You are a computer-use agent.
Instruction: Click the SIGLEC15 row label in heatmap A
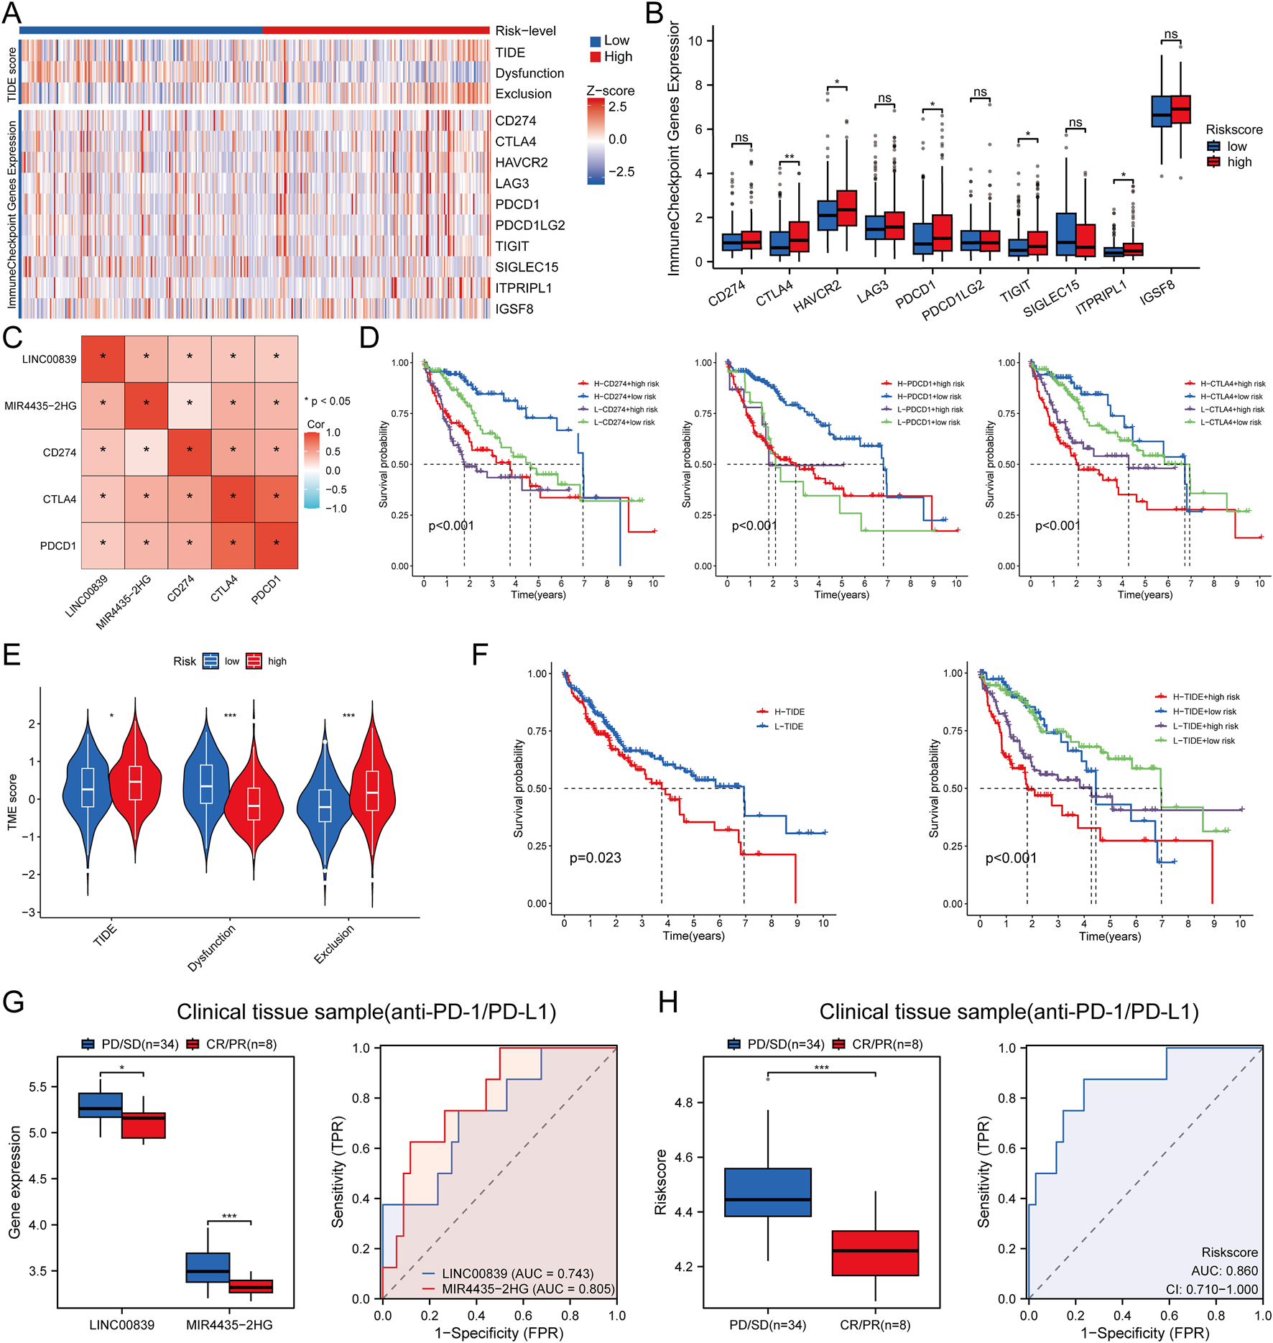(526, 267)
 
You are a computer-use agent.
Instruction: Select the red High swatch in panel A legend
(596, 57)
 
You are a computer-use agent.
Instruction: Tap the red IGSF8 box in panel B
(1180, 109)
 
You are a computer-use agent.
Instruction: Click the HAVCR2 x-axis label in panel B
(817, 296)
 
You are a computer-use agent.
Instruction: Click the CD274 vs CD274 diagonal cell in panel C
(190, 452)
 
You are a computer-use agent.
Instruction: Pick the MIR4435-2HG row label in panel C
(40, 406)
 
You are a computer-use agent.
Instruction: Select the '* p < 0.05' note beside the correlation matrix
(328, 401)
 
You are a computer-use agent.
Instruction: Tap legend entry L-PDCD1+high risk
(930, 410)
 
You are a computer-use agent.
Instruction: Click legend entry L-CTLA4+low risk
(1231, 423)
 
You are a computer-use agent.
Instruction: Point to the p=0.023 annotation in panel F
(595, 858)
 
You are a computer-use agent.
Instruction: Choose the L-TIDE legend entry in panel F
(789, 726)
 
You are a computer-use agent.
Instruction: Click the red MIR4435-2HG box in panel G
(251, 1286)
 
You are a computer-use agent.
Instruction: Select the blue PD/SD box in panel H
(767, 1192)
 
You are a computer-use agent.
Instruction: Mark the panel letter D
(369, 337)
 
